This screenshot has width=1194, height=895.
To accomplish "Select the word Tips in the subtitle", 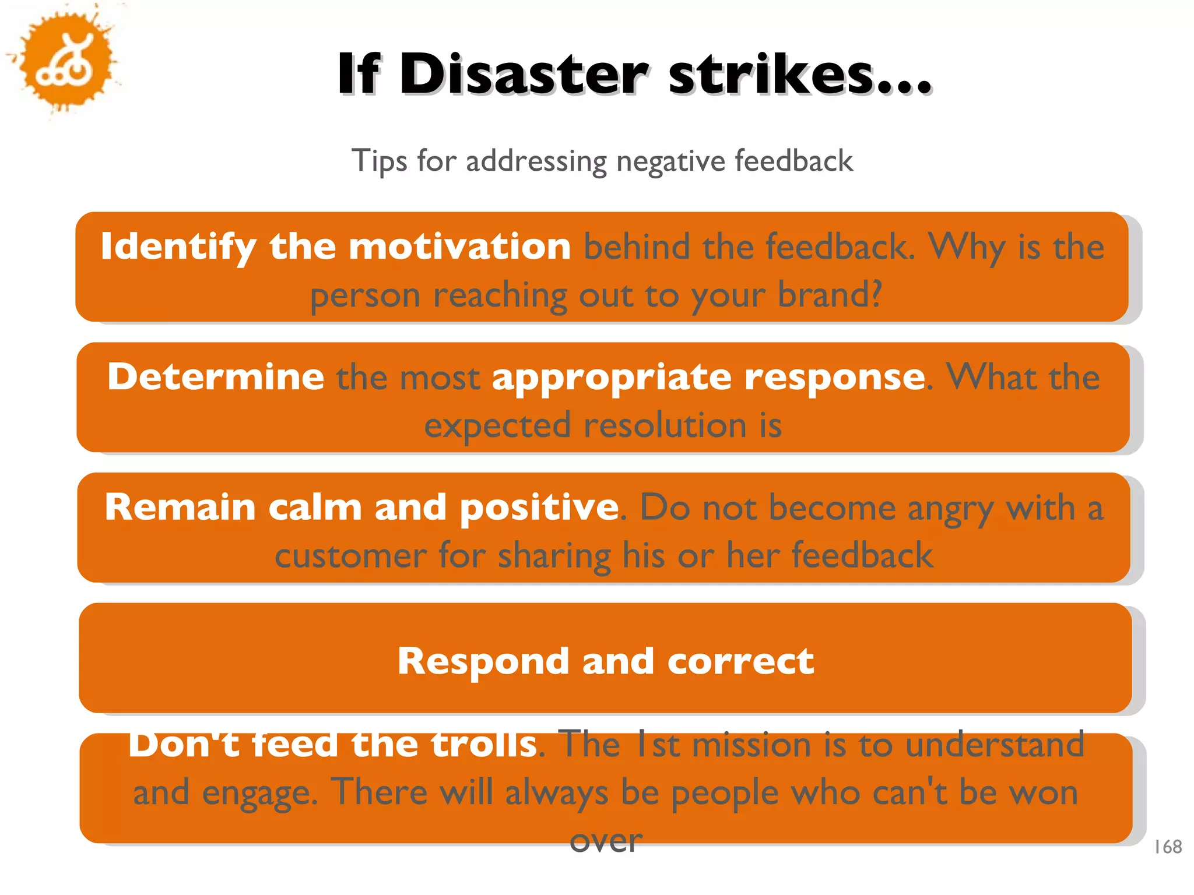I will (379, 161).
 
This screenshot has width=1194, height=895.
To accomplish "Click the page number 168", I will (1168, 847).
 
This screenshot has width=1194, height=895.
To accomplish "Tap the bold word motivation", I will (459, 246).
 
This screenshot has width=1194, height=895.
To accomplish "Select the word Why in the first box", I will (967, 246).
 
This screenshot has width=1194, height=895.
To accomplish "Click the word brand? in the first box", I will (830, 295).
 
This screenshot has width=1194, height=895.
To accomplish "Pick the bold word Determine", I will (216, 377).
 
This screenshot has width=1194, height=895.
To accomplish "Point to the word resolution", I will (665, 425).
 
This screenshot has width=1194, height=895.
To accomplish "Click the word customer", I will (350, 555).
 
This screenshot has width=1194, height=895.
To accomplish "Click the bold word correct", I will (740, 661).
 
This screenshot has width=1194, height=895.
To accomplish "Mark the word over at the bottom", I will (606, 841).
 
